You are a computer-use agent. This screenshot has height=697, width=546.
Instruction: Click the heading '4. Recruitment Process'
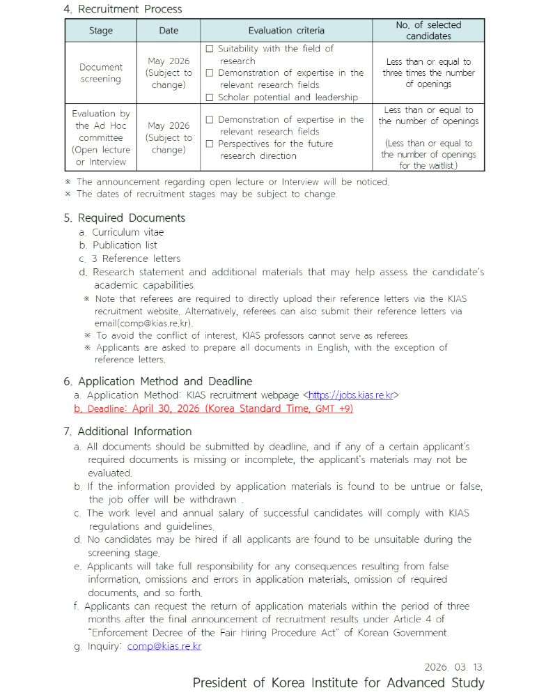coord(123,9)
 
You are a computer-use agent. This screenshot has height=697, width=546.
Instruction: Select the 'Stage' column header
coord(100,31)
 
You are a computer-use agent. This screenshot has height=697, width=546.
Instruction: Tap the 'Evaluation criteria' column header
coord(286,31)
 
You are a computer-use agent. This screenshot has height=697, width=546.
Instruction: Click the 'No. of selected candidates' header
coord(428,30)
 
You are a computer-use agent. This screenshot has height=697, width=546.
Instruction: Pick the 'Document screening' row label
coord(100,73)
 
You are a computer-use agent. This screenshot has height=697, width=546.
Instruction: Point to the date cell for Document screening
coord(169,73)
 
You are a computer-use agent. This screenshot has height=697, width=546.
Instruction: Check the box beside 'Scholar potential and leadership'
coord(210,98)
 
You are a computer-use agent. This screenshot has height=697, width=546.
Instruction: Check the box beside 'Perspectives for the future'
coord(210,144)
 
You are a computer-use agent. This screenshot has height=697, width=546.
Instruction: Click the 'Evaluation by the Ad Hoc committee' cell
coord(100,137)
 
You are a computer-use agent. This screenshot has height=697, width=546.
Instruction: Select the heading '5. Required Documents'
coord(124,217)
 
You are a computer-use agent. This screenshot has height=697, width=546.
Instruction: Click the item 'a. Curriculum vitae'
coord(121,232)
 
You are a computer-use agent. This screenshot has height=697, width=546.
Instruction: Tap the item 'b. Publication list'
coord(118,245)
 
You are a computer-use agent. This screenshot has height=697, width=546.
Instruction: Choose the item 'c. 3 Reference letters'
coord(129,259)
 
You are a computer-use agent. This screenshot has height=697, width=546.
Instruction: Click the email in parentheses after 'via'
coord(143,323)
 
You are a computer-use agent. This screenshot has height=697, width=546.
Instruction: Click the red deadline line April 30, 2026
coord(213,409)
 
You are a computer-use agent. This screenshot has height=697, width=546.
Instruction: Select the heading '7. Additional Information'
coord(127,431)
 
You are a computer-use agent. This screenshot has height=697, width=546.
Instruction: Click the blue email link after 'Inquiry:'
coord(164,647)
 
